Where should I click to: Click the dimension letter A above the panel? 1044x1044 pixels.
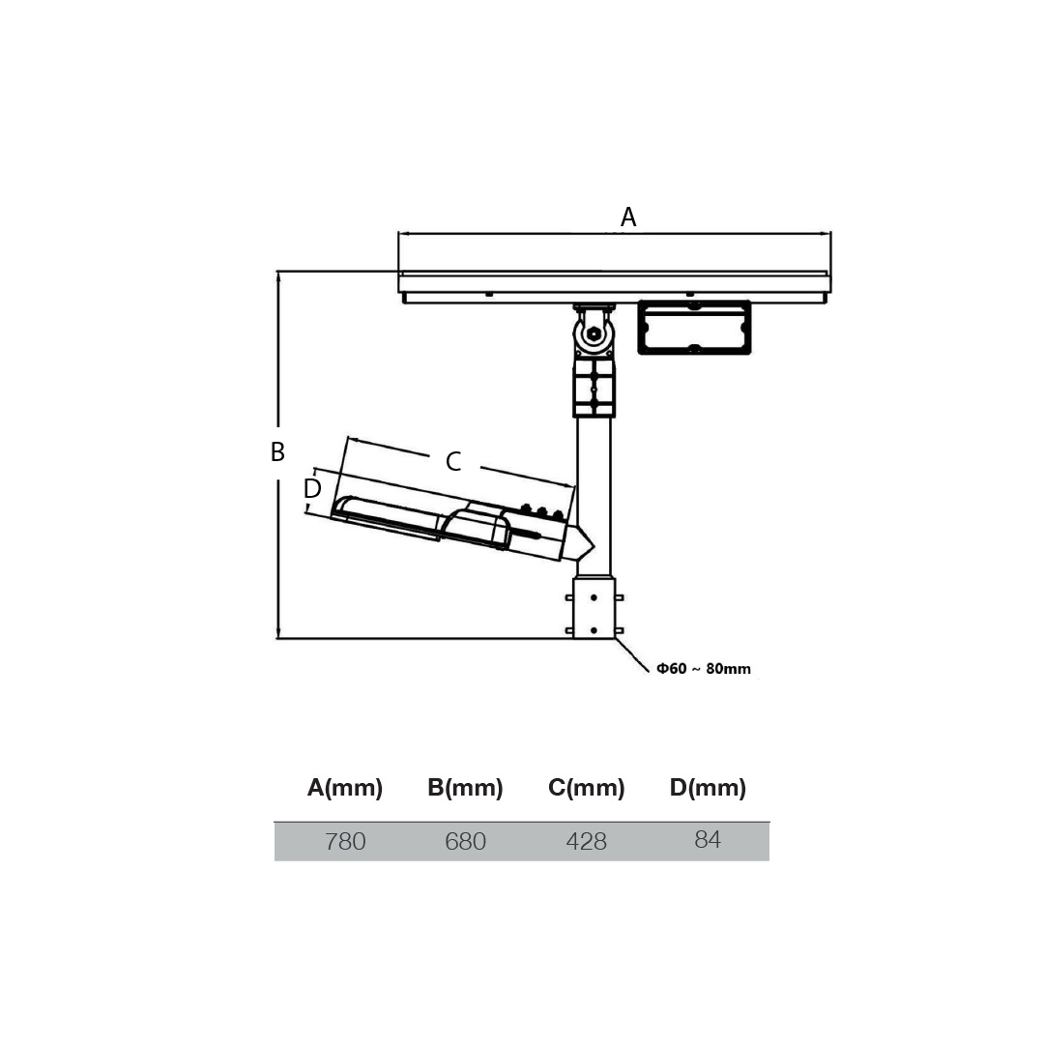[628, 217]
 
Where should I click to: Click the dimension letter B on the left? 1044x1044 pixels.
[277, 452]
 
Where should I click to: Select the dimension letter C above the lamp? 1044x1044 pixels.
[453, 461]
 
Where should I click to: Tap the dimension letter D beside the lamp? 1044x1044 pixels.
[312, 489]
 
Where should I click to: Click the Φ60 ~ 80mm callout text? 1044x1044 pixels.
[703, 669]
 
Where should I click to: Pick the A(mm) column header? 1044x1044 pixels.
[345, 788]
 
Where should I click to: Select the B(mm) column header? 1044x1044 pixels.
[465, 788]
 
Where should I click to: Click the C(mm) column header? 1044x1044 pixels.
[586, 788]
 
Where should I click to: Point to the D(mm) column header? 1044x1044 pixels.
[708, 788]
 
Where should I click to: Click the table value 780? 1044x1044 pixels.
[345, 842]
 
